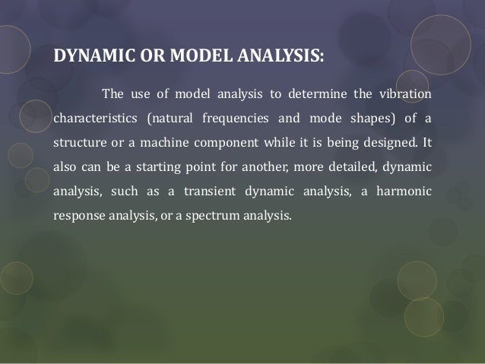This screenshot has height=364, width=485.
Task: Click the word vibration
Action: click(x=403, y=94)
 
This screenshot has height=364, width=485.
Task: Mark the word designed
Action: click(x=385, y=144)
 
